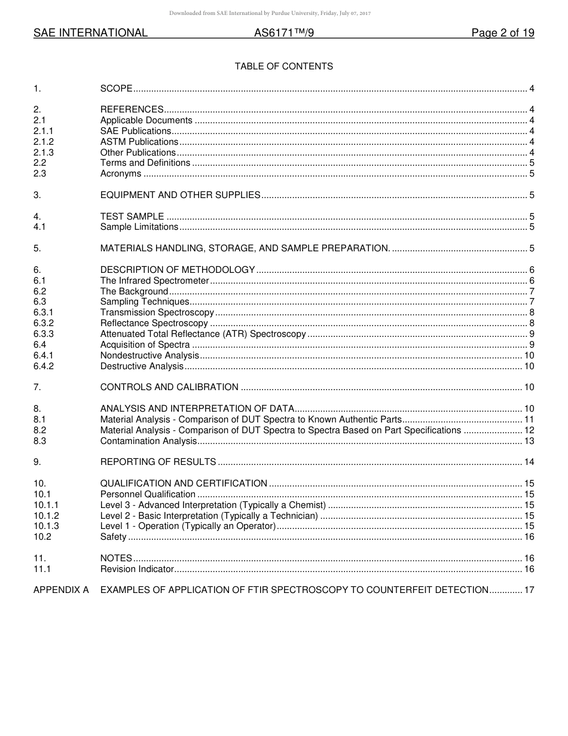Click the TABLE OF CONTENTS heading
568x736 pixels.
[283, 66]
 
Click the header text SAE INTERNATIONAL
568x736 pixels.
[90, 34]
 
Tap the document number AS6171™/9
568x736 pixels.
[284, 34]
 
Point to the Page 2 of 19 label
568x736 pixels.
[502, 34]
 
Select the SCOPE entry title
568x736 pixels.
[116, 89]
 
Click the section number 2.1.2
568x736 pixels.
[44, 142]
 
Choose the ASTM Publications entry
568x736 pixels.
[139, 142]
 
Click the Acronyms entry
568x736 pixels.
[121, 174]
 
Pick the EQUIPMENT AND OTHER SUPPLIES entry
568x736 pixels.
[180, 195]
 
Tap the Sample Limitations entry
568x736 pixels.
[139, 227]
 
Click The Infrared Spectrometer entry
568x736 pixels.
[154, 281]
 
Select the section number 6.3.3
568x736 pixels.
[44, 334]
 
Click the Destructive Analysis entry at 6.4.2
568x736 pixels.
[142, 366]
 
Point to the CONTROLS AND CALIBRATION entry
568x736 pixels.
[169, 387]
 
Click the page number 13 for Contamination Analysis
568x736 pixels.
[529, 441]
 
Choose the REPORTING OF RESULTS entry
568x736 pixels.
[158, 462]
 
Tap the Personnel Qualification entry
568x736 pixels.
[148, 494]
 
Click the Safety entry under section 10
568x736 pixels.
[113, 537]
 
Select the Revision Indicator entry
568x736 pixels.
[137, 569]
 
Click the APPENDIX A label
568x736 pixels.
[61, 590]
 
